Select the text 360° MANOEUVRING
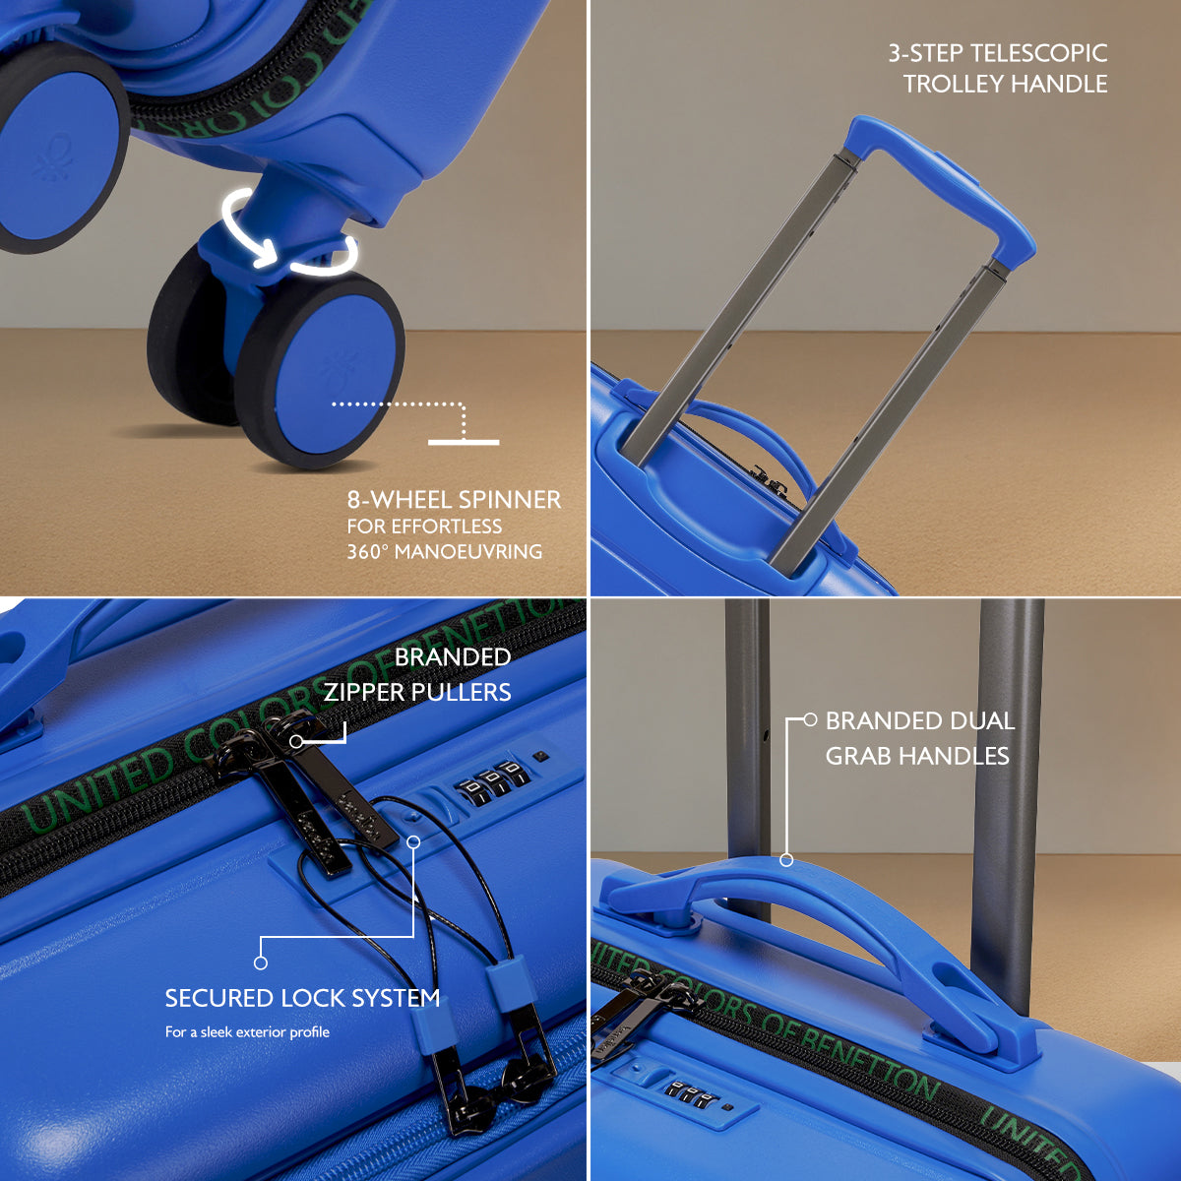coord(444,551)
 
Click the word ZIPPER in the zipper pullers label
coord(363,692)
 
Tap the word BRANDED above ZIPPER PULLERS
coord(453,657)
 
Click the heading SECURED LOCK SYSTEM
coord(303,998)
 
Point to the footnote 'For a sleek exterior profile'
coord(248,1032)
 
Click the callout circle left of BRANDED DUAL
coord(810,719)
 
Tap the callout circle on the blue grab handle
coord(786,860)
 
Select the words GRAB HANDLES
coord(917,756)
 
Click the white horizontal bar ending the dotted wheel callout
coord(464,441)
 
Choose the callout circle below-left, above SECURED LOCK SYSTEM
coord(261,963)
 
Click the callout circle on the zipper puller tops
coord(296,742)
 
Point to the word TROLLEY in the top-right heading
coord(953,84)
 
